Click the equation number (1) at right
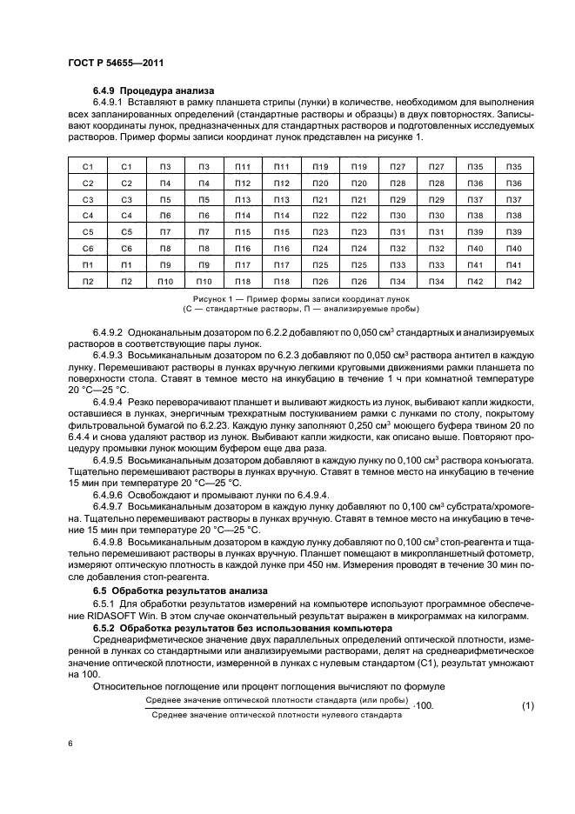click(527, 705)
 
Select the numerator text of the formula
click(277, 699)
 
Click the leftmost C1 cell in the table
click(87, 166)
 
